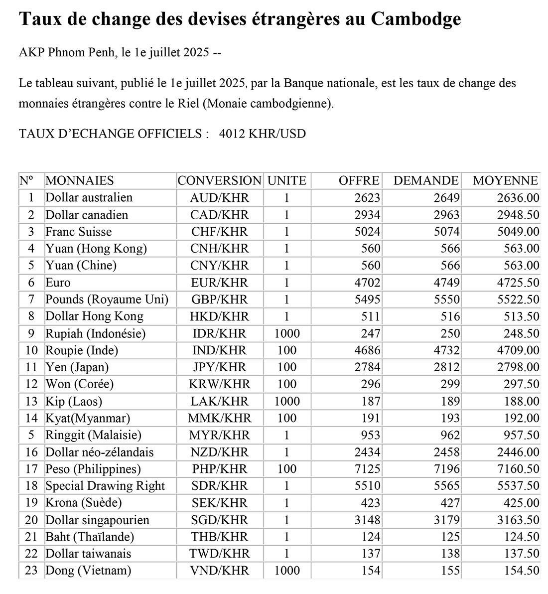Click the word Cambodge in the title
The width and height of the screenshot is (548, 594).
pyautogui.click(x=416, y=19)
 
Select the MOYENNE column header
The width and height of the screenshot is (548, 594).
pyautogui.click(x=505, y=180)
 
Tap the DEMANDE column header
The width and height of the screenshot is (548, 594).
pyautogui.click(x=426, y=180)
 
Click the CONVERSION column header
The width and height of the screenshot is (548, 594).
pyautogui.click(x=219, y=180)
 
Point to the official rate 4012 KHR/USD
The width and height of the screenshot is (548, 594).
pyautogui.click(x=263, y=134)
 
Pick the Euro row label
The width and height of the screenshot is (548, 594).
pyautogui.click(x=58, y=283)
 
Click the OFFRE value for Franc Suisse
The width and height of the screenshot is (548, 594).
pyautogui.click(x=368, y=232)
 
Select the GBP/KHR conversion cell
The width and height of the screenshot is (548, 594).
pyautogui.click(x=219, y=299)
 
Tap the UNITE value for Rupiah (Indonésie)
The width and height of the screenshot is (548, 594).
pyautogui.click(x=286, y=333)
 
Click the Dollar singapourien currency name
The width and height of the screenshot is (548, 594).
pyautogui.click(x=97, y=520)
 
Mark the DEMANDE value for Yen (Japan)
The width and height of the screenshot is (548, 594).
pyautogui.click(x=447, y=367)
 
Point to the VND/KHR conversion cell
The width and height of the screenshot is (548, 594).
pyautogui.click(x=219, y=571)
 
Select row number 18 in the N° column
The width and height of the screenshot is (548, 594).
pyautogui.click(x=31, y=486)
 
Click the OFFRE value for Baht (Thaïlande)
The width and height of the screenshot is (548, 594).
pyautogui.click(x=371, y=537)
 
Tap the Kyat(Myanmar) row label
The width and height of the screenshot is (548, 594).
pyautogui.click(x=88, y=418)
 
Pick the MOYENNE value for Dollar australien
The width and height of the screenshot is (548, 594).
pyautogui.click(x=518, y=198)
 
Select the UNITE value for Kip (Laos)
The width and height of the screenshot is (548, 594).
pyautogui.click(x=286, y=401)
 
